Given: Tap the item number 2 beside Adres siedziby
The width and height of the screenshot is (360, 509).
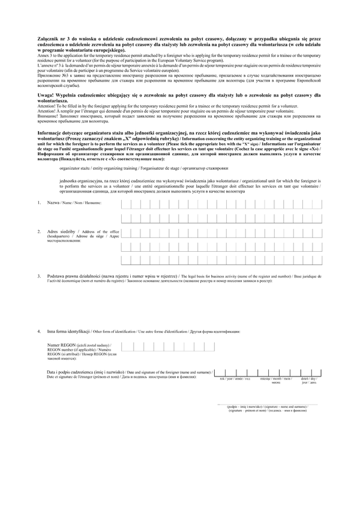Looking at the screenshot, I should [x=39, y=231].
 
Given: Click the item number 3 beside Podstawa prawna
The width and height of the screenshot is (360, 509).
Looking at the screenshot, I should [x=39, y=276].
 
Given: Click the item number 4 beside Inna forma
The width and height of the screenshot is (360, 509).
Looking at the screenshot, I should [x=39, y=331].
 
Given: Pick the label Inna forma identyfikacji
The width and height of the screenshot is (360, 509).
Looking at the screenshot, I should [x=69, y=331].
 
